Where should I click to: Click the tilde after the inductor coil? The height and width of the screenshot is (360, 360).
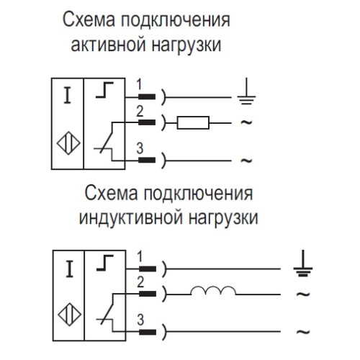coord(303,293)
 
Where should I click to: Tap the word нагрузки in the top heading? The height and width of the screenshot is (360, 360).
coord(189,45)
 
